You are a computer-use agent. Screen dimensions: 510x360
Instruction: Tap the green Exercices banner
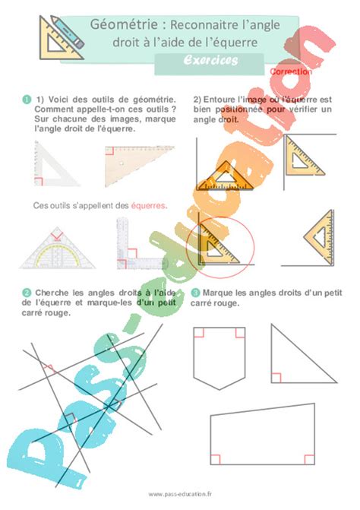pos(210,60)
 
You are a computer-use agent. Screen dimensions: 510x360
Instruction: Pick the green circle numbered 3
pos(195,292)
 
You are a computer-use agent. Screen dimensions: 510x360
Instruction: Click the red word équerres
pos(148,205)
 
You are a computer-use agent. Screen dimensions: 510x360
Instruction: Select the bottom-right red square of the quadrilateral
pos(309,459)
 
